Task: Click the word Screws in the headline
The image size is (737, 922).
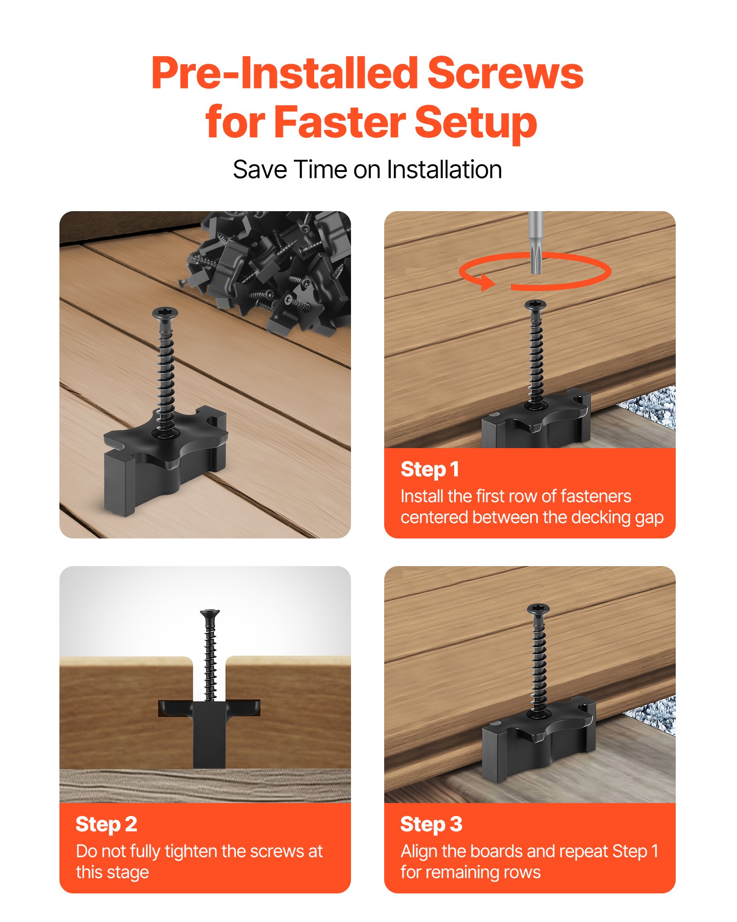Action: tap(505, 74)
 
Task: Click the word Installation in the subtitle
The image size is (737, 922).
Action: tap(444, 170)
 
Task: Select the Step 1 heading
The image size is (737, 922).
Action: tap(429, 469)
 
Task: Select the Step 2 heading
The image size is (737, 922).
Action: tap(106, 824)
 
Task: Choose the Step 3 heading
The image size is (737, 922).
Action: tap(431, 824)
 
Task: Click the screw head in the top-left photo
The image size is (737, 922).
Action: tap(165, 313)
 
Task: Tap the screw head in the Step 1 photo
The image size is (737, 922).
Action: tap(535, 304)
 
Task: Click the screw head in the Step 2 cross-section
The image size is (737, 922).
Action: tap(210, 614)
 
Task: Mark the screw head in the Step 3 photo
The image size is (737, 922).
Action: tap(538, 609)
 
